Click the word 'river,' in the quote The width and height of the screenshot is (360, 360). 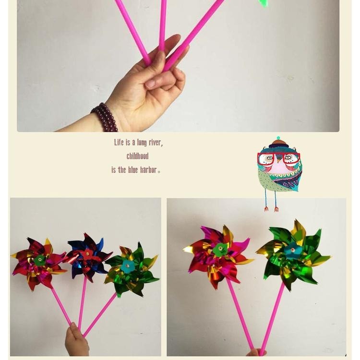click(x=156, y=143)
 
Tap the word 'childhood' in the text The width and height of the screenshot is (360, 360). click(x=138, y=156)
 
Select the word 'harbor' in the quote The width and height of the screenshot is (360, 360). click(x=148, y=170)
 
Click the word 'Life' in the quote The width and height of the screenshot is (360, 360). click(x=119, y=143)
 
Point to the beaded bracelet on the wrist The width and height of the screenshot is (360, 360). click(x=105, y=117)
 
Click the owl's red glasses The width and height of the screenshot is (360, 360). click(x=278, y=158)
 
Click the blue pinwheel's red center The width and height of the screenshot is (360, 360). click(x=87, y=253)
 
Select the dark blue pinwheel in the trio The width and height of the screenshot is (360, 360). click(x=88, y=255)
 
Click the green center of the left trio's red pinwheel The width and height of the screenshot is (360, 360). click(x=40, y=260)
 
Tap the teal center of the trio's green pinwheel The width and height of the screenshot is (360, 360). click(x=128, y=266)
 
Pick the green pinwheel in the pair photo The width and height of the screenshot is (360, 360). click(x=293, y=254)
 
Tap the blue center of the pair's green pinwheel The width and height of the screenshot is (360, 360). click(x=292, y=251)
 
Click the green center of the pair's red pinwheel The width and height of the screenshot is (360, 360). click(x=220, y=249)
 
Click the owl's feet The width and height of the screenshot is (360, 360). click(x=271, y=209)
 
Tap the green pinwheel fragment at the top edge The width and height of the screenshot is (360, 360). click(x=263, y=3)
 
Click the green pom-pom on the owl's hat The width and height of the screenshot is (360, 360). click(x=278, y=138)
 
